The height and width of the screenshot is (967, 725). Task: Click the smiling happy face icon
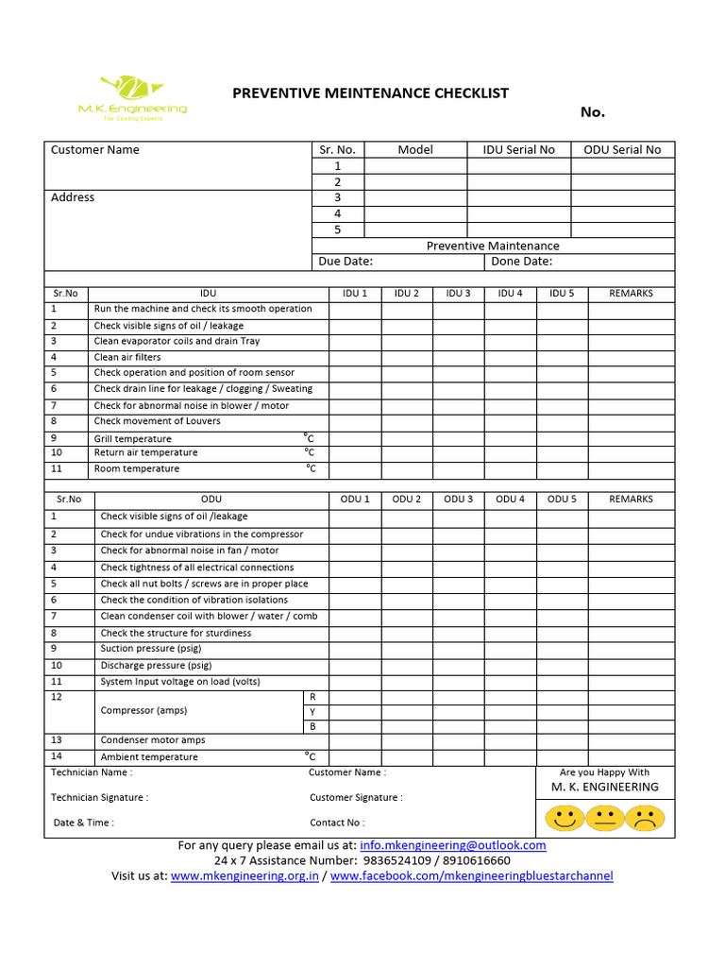(x=565, y=818)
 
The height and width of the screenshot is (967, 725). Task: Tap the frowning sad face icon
(x=645, y=818)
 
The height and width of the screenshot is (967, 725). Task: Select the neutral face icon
(x=605, y=818)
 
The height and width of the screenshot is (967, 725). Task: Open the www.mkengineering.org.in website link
(x=244, y=875)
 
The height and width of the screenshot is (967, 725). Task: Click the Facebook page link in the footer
(x=471, y=875)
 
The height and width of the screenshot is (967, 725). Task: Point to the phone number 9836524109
(x=394, y=860)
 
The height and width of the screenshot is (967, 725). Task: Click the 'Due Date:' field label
(x=346, y=262)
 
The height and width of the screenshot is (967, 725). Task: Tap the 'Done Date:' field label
(x=522, y=262)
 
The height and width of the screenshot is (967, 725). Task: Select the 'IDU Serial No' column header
(x=519, y=149)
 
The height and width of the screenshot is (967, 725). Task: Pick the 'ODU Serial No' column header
(x=623, y=149)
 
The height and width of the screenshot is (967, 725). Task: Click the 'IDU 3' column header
(x=458, y=293)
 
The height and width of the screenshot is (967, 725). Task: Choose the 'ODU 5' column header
(x=562, y=499)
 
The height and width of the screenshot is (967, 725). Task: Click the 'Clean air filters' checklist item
(x=127, y=357)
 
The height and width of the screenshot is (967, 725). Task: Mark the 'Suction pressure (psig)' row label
(x=151, y=649)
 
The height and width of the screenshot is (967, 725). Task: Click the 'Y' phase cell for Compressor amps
(x=312, y=711)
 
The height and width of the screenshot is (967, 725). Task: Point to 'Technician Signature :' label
(x=99, y=797)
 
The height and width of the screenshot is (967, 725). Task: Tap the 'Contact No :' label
(x=337, y=823)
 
